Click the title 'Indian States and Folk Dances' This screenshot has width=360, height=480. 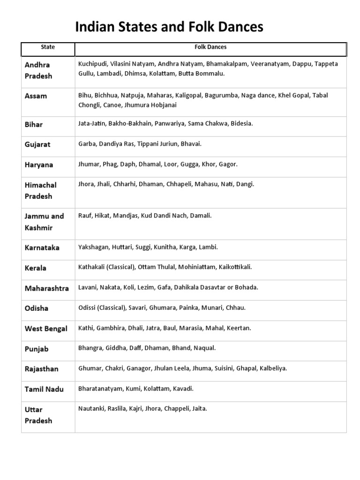[x=169, y=28]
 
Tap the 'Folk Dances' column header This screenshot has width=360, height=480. [x=210, y=47]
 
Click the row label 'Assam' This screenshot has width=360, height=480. [x=36, y=96]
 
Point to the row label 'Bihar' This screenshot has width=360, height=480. [x=34, y=125]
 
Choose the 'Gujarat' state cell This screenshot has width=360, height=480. [x=37, y=145]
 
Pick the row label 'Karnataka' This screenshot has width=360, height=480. [x=42, y=248]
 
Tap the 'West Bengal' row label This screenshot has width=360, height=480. [x=46, y=329]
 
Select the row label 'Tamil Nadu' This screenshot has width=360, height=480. [x=44, y=390]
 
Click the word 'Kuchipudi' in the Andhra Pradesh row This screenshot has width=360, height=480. [x=92, y=64]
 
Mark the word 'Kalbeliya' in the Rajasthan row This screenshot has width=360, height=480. [x=273, y=368]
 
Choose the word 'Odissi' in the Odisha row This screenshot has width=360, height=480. [x=87, y=308]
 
